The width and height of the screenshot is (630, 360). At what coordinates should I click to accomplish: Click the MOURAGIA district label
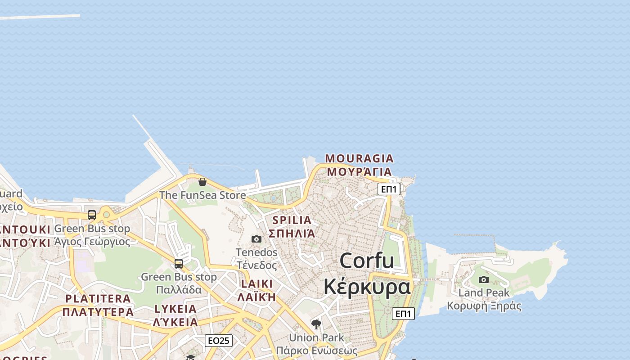coord(359,158)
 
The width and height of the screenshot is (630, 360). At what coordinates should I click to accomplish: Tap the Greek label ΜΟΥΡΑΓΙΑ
coord(359,171)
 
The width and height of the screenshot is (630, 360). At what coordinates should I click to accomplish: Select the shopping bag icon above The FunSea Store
coord(202,182)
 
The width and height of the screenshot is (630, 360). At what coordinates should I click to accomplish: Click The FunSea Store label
coord(202,195)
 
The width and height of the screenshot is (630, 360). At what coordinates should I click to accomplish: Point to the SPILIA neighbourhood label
coord(292,220)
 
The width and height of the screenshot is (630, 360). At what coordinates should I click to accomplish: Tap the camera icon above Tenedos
coord(256,239)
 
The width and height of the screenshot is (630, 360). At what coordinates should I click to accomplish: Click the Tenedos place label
coord(257,252)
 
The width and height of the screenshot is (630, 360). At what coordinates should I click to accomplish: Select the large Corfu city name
coord(367,261)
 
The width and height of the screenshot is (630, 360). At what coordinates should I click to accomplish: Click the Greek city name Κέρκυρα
coord(367,286)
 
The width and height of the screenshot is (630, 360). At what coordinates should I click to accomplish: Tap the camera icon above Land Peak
coord(484,279)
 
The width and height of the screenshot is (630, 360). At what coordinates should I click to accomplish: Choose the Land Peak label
coord(484,293)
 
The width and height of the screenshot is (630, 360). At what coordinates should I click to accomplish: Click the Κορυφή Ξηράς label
coord(484,306)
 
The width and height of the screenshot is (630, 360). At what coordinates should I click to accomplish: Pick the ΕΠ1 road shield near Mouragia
coord(389,189)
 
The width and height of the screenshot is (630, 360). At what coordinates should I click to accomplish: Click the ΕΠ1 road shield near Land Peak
coord(403,314)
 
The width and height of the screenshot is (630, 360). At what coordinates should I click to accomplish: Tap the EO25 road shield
coord(219,341)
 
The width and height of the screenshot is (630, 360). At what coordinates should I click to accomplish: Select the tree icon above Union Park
coord(316,324)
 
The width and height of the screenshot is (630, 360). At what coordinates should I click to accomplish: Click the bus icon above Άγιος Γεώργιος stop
coord(92,215)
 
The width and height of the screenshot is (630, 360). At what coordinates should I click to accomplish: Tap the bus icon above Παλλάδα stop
coord(179,263)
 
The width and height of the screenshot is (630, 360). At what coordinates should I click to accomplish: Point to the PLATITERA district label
coord(98,298)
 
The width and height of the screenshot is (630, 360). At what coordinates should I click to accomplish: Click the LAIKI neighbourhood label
coord(257,284)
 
